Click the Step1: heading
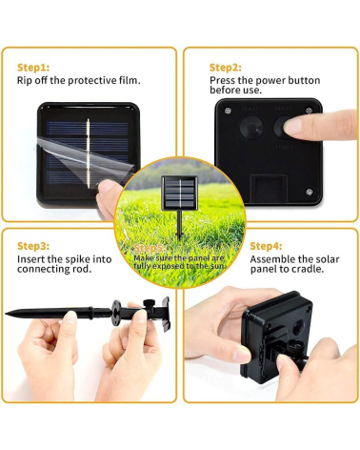[33, 68]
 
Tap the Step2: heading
[226, 68]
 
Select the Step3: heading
[33, 246]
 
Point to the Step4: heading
[266, 246]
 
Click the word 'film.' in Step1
[130, 80]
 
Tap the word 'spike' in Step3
[77, 259]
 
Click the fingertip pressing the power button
[292, 126]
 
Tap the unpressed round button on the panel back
[251, 128]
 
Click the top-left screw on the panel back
[228, 111]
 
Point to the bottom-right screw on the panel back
[310, 192]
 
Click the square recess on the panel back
[269, 189]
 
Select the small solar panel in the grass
[179, 194]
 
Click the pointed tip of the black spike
[7, 314]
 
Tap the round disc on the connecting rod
[116, 313]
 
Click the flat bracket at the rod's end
[166, 314]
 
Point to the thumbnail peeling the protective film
[107, 186]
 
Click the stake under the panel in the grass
[180, 226]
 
